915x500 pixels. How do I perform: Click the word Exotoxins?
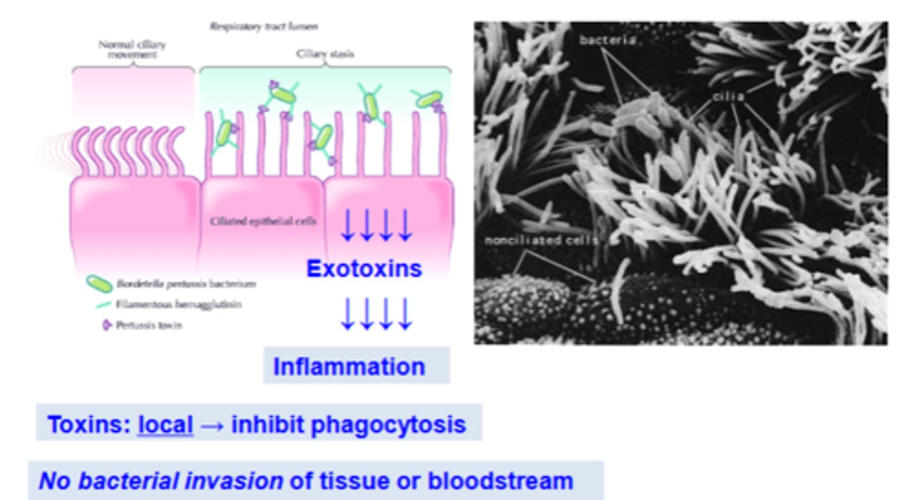pyautogui.click(x=364, y=269)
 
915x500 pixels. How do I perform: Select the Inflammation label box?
pyautogui.click(x=356, y=366)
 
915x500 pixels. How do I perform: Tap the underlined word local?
pyautogui.click(x=165, y=424)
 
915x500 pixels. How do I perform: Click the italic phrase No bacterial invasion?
pyautogui.click(x=161, y=481)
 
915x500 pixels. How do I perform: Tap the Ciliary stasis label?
pyautogui.click(x=325, y=54)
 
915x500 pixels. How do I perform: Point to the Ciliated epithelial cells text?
pyautogui.click(x=263, y=221)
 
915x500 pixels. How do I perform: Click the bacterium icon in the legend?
pyautogui.click(x=99, y=284)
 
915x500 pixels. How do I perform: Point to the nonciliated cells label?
pyautogui.click(x=540, y=241)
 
